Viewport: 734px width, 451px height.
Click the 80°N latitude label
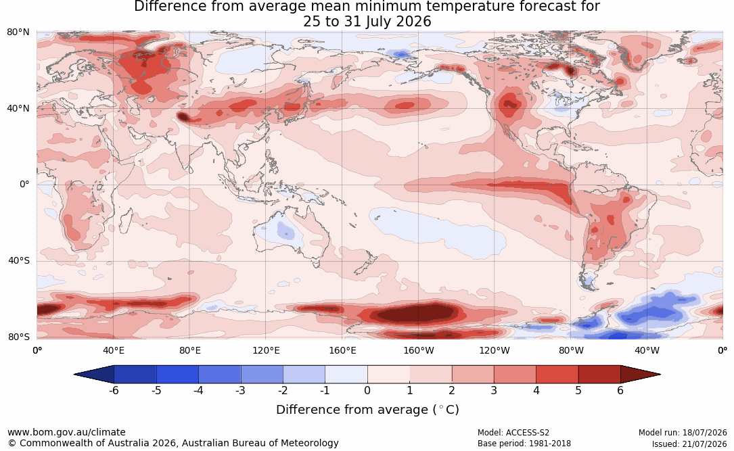click(18, 32)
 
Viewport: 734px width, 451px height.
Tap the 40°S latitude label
click(18, 260)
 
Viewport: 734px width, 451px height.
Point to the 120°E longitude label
click(266, 350)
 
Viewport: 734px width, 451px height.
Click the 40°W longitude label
click(647, 350)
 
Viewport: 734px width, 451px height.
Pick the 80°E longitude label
click(189, 350)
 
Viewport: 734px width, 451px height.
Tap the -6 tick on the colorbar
click(113, 390)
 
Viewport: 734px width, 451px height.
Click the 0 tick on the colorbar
click(367, 390)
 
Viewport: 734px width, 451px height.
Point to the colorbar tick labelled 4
click(536, 390)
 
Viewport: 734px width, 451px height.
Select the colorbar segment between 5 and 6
click(599, 375)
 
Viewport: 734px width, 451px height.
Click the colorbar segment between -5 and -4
click(177, 375)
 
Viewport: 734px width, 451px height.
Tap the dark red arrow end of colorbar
click(640, 375)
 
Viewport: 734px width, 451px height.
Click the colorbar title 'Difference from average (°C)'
click(367, 410)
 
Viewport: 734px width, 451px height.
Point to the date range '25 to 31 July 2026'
click(367, 22)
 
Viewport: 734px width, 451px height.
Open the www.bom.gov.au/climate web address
click(66, 432)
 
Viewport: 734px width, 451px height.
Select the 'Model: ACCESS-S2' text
click(513, 433)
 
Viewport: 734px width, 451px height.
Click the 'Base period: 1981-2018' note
click(524, 444)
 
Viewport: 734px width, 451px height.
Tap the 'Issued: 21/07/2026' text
click(689, 444)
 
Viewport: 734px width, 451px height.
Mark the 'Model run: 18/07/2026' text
click(683, 433)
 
